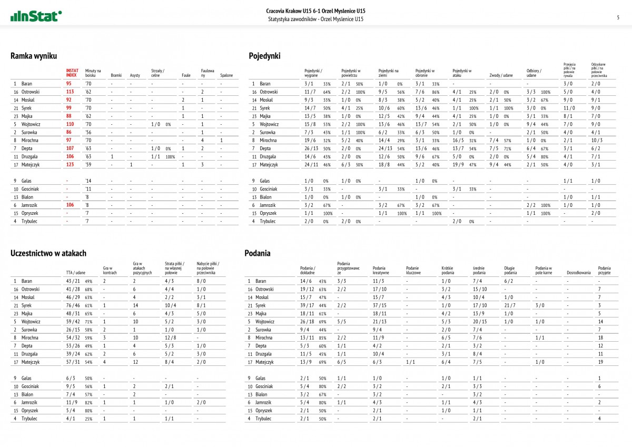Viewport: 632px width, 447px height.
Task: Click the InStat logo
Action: point(36,16)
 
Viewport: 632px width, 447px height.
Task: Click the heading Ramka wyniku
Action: point(34,56)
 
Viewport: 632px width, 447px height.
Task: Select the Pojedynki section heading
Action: point(264,56)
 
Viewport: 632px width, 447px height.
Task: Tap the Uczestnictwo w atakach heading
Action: point(48,253)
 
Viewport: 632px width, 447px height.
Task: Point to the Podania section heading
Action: point(258,253)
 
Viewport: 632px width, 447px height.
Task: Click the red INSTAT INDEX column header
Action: point(72,73)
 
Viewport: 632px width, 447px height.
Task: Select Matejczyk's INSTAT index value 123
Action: point(69,165)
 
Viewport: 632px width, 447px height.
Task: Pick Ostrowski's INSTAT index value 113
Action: point(69,92)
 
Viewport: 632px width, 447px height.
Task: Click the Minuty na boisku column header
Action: point(93,73)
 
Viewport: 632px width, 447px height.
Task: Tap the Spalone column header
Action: point(226,75)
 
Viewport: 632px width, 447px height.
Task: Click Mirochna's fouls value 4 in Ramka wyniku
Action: point(202,141)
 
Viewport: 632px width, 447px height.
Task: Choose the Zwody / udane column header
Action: point(501,75)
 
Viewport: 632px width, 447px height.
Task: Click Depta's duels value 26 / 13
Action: point(311,148)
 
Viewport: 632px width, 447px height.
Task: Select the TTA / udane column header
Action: point(76,273)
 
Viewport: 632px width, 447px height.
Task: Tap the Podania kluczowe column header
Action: point(412,271)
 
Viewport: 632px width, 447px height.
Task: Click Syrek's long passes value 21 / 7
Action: point(510,305)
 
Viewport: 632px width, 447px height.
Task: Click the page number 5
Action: point(618,17)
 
